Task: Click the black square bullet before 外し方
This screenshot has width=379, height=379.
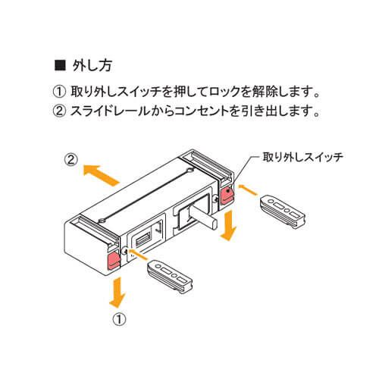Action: point(60,66)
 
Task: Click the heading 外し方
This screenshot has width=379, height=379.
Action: point(92,66)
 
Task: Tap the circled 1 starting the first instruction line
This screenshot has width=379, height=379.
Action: point(59,92)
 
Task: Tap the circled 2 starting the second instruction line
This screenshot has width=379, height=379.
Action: point(59,111)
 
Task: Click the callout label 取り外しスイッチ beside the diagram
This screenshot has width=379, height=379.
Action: point(303,157)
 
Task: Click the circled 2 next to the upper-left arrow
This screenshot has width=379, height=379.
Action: point(70,160)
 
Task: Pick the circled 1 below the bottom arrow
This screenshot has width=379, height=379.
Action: point(119,320)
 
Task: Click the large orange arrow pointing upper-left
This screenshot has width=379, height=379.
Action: point(101,175)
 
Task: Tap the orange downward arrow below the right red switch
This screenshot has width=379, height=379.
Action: point(229,226)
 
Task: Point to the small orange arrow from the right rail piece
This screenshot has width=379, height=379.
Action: point(248,189)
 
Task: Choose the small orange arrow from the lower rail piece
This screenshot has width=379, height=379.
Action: point(138,254)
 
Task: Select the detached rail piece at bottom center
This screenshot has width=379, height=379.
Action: point(171,276)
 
